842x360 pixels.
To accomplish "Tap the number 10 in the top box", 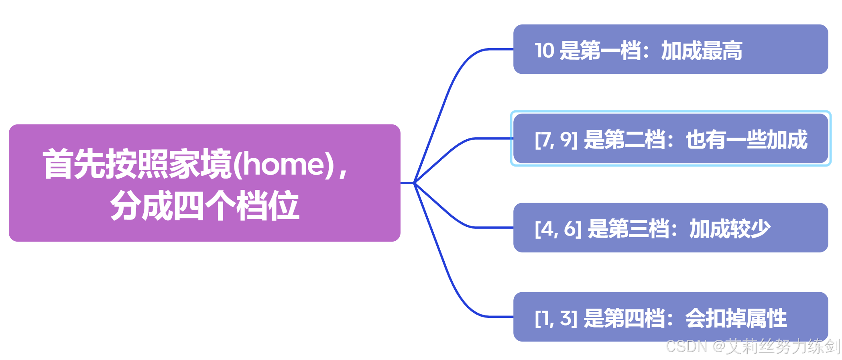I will (x=544, y=51).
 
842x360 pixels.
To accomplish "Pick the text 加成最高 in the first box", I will (x=702, y=51).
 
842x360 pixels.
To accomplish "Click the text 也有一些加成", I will (x=746, y=140).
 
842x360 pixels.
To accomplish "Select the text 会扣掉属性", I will (x=736, y=318).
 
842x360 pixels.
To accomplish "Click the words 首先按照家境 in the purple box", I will (x=137, y=164).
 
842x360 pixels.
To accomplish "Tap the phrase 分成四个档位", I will (x=205, y=205).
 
